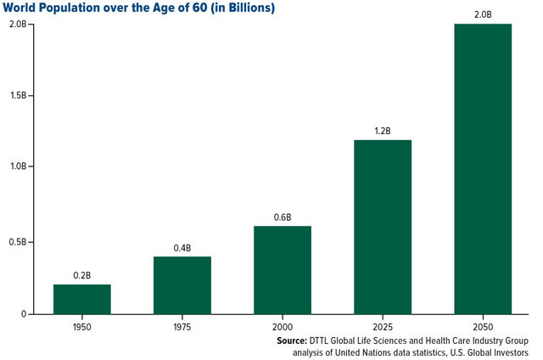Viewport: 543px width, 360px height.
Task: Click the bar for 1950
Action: click(82, 299)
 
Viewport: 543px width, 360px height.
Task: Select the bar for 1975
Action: click(182, 285)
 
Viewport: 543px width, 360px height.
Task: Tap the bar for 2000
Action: click(283, 270)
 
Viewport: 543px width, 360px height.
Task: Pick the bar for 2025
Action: click(383, 227)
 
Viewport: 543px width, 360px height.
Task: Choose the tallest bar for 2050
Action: click(483, 169)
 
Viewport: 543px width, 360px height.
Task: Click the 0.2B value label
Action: click(82, 276)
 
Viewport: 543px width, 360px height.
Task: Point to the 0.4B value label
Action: click(182, 248)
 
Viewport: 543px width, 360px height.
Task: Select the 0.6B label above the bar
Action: click(283, 217)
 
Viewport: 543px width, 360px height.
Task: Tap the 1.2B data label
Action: click(383, 132)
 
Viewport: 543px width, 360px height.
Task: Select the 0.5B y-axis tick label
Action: click(21, 242)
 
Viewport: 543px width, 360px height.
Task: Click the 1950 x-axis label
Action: click(82, 326)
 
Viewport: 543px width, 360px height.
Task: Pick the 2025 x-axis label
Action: click(383, 326)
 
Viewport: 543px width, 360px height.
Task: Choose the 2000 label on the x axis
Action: click(283, 326)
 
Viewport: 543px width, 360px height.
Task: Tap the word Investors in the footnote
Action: click(507, 352)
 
